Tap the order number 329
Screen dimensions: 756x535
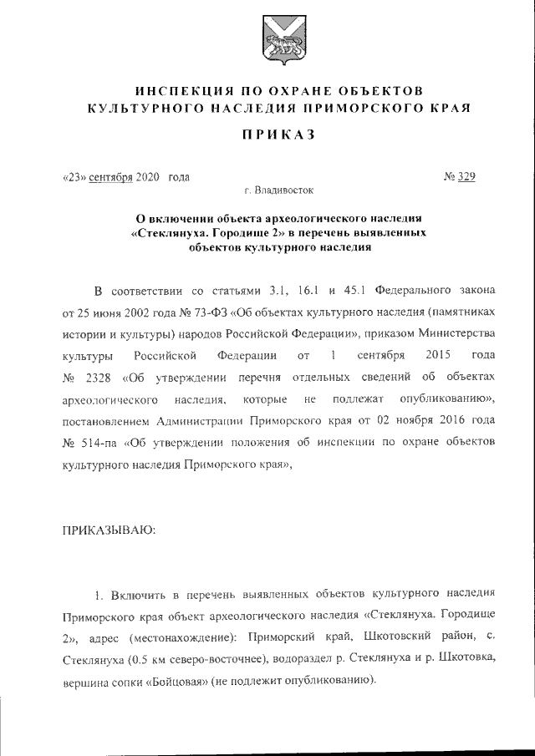(466, 176)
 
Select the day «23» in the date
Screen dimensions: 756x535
(74, 176)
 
